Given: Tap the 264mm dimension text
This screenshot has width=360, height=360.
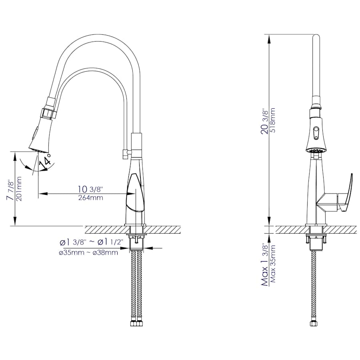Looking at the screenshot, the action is [91, 198].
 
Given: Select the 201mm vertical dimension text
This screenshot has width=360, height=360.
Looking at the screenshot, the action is [19, 189].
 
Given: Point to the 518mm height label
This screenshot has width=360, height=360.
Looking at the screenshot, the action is [273, 120].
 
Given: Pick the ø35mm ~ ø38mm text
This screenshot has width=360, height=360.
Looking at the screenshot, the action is [88, 253].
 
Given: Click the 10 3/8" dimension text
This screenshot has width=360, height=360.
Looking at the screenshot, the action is [90, 190].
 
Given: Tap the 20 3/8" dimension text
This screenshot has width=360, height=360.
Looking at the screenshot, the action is [266, 122].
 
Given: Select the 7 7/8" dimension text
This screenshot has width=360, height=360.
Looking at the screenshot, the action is [11, 190].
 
